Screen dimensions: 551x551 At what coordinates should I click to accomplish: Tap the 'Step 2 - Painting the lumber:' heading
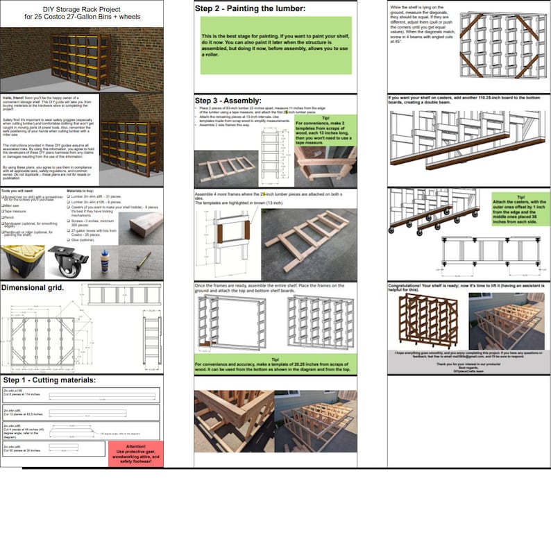click(x=249, y=9)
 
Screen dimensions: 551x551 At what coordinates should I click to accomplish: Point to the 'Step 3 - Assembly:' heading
click(x=228, y=101)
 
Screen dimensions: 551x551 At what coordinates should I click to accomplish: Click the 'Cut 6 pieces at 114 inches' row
click(x=82, y=398)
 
